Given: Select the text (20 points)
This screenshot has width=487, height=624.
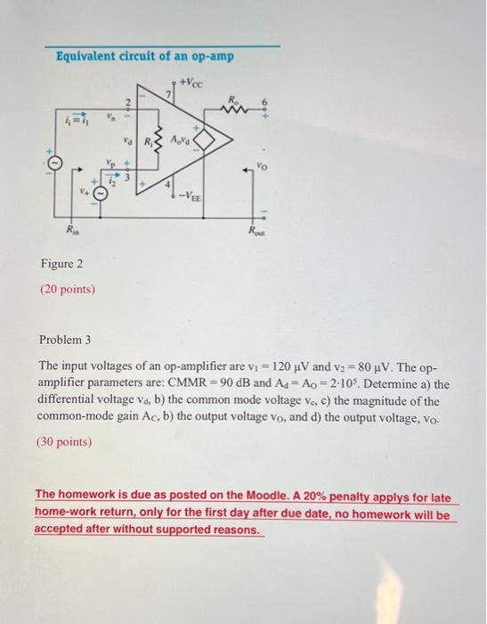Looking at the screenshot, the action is click(68, 290).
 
